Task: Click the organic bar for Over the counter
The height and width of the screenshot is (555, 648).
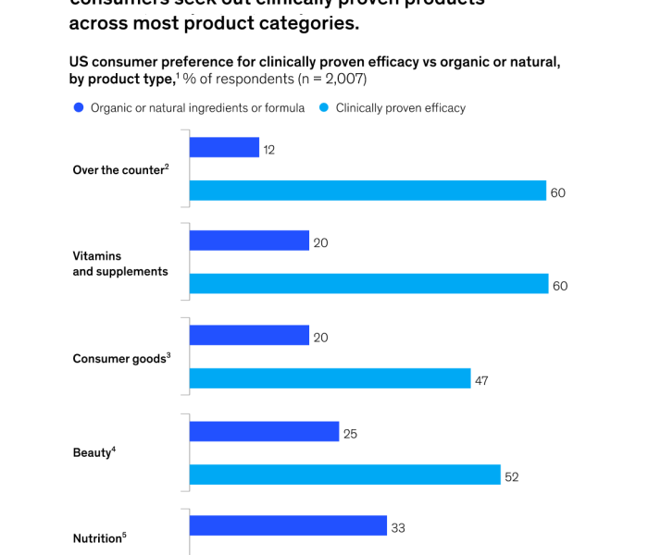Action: tap(224, 148)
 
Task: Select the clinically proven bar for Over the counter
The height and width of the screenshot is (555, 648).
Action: tap(368, 191)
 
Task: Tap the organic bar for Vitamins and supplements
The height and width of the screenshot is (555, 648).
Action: tap(249, 241)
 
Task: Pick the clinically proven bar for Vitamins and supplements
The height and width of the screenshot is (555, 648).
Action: tap(368, 284)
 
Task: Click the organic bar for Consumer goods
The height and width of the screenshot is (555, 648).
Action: tap(249, 335)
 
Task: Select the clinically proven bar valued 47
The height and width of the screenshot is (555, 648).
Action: tap(330, 378)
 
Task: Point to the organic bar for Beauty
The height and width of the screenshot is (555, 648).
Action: tap(264, 431)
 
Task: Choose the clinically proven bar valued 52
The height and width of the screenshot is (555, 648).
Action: tap(344, 475)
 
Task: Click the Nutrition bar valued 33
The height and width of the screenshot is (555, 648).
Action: tap(288, 525)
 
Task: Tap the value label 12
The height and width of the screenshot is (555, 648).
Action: tap(269, 149)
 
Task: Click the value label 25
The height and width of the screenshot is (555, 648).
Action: tap(350, 433)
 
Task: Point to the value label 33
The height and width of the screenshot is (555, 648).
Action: tap(398, 528)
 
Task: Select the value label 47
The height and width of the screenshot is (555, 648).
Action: tap(481, 380)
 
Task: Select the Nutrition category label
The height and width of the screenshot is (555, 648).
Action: tap(99, 538)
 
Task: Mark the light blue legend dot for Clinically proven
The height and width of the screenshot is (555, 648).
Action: tap(323, 108)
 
